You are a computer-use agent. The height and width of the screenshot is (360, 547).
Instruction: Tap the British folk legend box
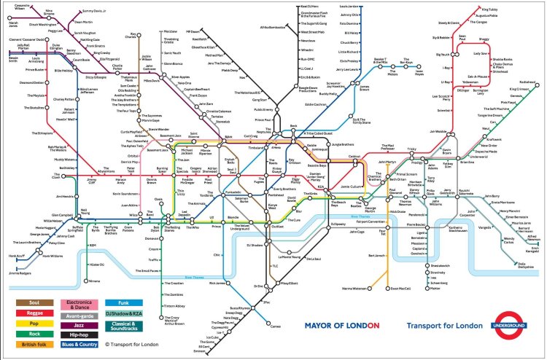tap(34, 344)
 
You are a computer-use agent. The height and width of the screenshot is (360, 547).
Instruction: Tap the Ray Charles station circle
tap(133, 39)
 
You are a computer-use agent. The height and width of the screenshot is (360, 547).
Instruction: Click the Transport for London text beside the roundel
tap(444, 326)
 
